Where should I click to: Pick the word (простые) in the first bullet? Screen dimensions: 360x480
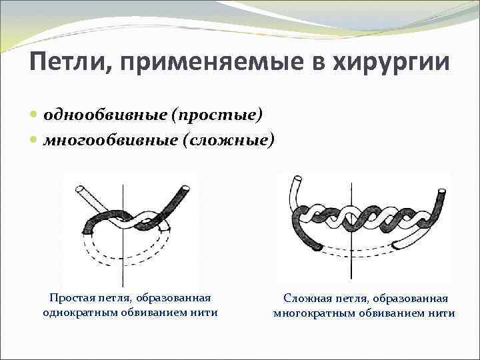[216, 115]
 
